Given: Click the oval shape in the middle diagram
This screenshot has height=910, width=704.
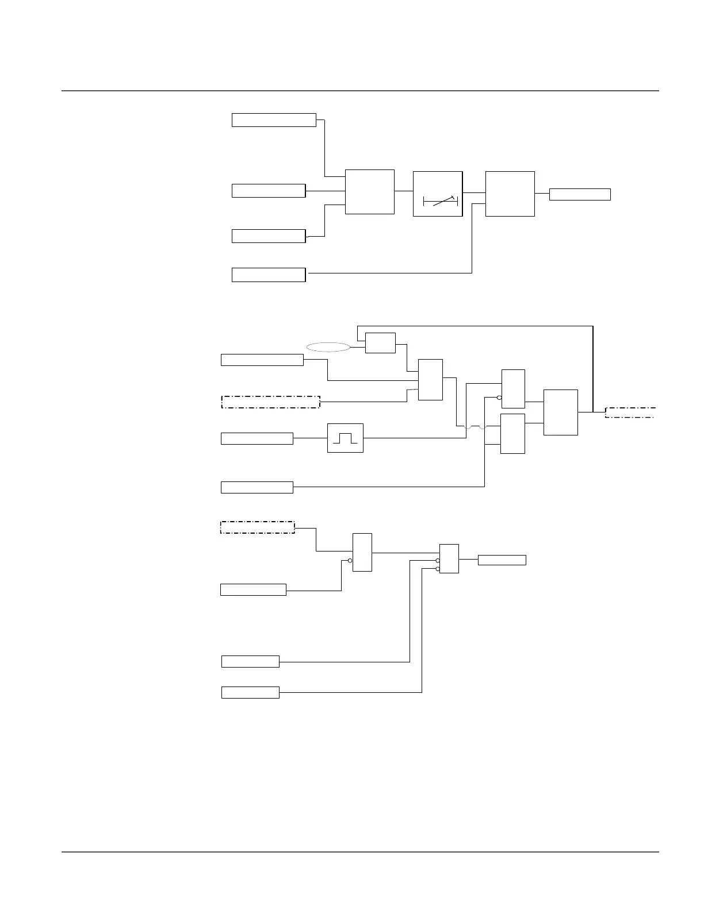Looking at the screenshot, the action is pyautogui.click(x=328, y=347).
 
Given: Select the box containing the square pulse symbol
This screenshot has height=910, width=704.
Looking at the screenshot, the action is pyautogui.click(x=345, y=438).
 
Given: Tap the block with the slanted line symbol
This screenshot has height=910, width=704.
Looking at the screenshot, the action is pyautogui.click(x=438, y=194).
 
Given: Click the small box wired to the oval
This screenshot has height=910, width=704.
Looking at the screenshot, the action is pyautogui.click(x=380, y=343).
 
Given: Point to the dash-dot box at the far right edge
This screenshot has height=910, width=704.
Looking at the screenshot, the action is pyautogui.click(x=630, y=412).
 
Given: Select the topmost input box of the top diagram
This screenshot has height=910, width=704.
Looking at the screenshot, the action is pyautogui.click(x=274, y=120).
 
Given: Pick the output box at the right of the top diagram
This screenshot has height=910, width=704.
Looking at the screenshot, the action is pyautogui.click(x=580, y=194).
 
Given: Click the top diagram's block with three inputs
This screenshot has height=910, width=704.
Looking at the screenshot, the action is pyautogui.click(x=369, y=192).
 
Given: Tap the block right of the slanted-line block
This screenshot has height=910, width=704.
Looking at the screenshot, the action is pyautogui.click(x=510, y=194).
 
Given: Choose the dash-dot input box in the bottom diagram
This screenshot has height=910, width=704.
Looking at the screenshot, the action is pyautogui.click(x=258, y=527).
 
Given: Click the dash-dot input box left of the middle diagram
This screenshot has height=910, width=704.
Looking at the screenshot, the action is pyautogui.click(x=270, y=402).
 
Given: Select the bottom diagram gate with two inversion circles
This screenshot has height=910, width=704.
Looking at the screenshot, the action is pyautogui.click(x=449, y=558).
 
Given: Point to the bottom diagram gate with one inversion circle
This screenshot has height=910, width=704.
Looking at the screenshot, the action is pyautogui.click(x=362, y=552).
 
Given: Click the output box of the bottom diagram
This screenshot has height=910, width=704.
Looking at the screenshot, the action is pyautogui.click(x=502, y=560).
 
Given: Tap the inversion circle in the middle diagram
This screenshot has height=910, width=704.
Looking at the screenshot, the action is pyautogui.click(x=499, y=398).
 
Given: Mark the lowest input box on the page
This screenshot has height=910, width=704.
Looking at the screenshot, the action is pyautogui.click(x=250, y=692).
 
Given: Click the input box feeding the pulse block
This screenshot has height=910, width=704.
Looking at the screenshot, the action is pyautogui.click(x=257, y=439).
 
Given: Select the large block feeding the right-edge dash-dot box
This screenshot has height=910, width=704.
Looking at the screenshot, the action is pyautogui.click(x=560, y=412).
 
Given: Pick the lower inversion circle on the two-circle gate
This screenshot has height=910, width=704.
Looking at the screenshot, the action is pyautogui.click(x=438, y=569).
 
